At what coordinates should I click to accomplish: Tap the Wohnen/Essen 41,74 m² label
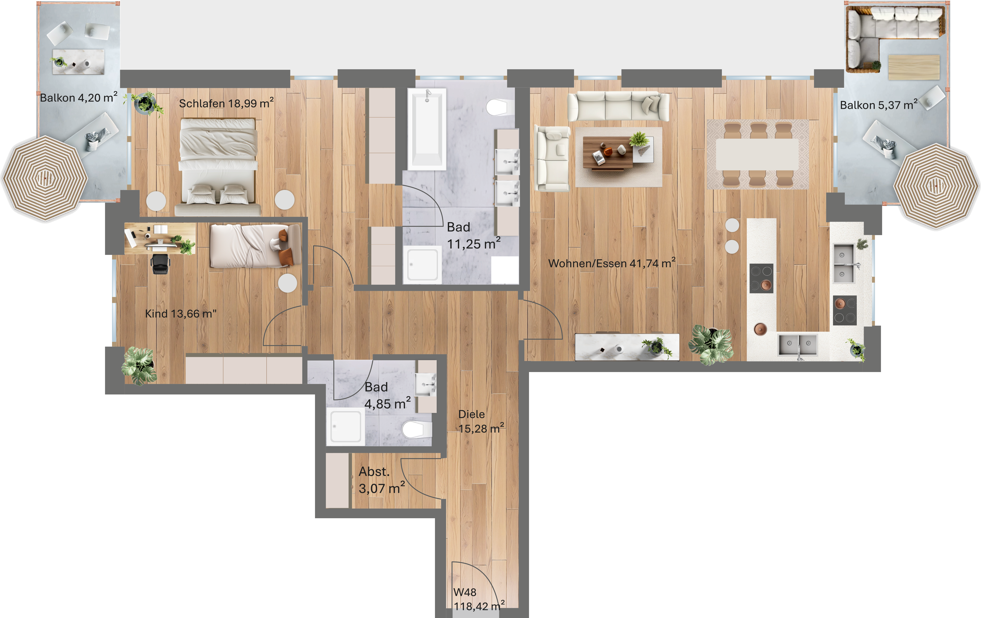(x=611, y=263)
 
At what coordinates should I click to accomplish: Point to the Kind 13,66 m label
(x=181, y=313)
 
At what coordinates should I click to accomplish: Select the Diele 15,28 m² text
(x=481, y=421)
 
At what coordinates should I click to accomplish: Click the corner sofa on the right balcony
(x=894, y=39)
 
